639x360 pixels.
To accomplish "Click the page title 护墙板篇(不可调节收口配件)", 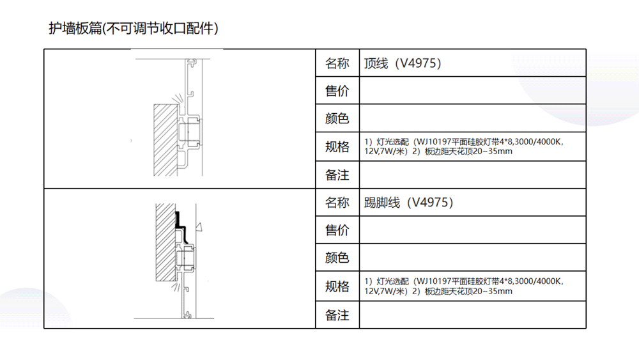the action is click(134, 28).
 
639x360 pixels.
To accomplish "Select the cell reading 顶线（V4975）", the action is click(403, 63).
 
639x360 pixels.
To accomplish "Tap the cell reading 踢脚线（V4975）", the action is click(409, 202).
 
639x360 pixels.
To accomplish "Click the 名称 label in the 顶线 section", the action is click(337, 63).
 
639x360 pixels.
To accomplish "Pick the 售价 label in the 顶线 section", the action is click(337, 91).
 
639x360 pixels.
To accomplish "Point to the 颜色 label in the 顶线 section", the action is click(337, 118).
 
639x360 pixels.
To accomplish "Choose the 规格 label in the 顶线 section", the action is click(337, 146).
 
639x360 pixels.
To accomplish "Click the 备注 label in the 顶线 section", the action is click(337, 175).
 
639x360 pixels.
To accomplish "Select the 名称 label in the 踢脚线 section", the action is click(337, 202).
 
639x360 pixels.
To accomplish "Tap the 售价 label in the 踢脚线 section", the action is click(337, 230).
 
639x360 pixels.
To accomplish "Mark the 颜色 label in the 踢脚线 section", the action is click(337, 258).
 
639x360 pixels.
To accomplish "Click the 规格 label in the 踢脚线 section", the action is click(337, 286).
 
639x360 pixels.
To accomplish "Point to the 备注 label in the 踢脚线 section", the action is click(337, 315).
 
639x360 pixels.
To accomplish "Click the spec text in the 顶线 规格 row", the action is click(464, 146).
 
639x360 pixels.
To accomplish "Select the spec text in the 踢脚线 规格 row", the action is click(464, 286).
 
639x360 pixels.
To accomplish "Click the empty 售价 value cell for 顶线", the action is click(473, 91).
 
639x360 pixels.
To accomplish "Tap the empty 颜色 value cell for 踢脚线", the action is click(473, 258).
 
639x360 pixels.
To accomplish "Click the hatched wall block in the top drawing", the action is click(166, 140).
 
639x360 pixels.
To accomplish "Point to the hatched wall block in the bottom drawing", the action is click(166, 242).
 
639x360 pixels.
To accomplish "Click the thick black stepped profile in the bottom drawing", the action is click(181, 228).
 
